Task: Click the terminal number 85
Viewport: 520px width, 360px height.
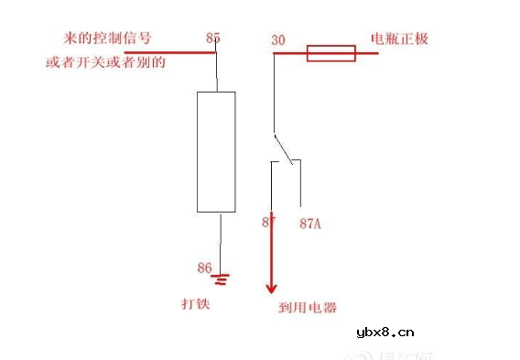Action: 213,38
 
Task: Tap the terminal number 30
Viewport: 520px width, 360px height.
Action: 278,40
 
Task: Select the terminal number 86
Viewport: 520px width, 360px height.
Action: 204,267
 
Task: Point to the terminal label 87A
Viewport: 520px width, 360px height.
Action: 310,223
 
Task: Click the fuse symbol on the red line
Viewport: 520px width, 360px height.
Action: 330,53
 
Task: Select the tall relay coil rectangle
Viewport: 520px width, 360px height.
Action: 216,151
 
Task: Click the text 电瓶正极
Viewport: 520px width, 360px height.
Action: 399,39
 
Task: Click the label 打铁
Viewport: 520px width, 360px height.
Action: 196,302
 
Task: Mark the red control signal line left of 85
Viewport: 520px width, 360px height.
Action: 169,53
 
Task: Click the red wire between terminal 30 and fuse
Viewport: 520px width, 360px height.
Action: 290,53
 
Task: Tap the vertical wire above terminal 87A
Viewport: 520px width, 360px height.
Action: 300,184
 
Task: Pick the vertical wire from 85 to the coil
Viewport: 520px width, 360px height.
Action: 216,71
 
